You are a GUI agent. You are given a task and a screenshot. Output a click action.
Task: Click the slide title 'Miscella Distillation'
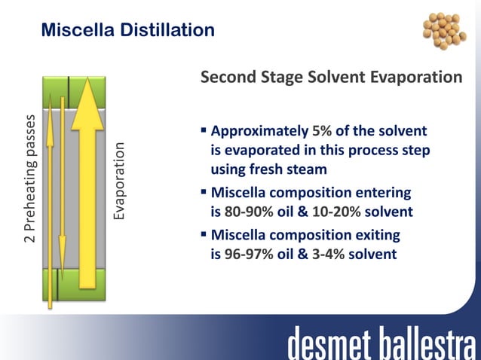click(x=127, y=30)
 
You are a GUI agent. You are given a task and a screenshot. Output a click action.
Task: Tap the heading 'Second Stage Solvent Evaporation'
click(x=331, y=78)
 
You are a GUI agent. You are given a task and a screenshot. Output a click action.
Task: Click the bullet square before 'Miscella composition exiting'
click(x=204, y=234)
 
